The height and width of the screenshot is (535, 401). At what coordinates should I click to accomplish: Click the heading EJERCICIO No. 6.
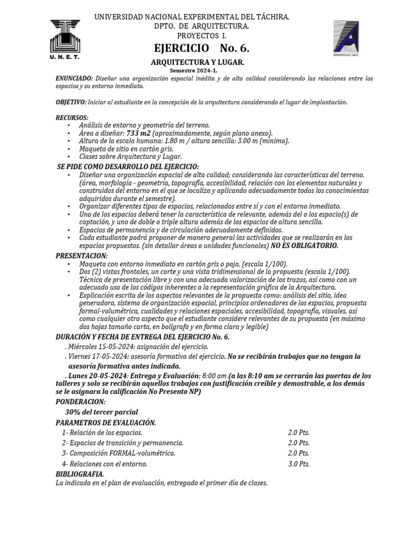tap(202, 49)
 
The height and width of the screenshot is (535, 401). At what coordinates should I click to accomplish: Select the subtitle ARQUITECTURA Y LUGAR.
tap(197, 62)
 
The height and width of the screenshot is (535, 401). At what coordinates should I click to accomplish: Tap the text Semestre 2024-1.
tap(193, 71)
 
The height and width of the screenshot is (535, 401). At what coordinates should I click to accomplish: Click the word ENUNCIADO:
tap(75, 78)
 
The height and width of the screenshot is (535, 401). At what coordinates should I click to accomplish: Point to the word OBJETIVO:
tap(71, 102)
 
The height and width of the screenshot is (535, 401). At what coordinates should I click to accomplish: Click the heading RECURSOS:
tap(72, 117)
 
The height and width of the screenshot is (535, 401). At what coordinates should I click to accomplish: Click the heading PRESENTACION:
tap(82, 255)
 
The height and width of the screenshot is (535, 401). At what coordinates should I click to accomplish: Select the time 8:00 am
tap(215, 376)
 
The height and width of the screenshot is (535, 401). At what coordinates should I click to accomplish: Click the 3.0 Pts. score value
tap(299, 463)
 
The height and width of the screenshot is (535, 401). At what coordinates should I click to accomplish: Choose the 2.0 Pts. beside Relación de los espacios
tap(299, 433)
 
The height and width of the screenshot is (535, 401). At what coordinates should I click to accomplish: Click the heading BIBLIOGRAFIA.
tap(80, 474)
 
